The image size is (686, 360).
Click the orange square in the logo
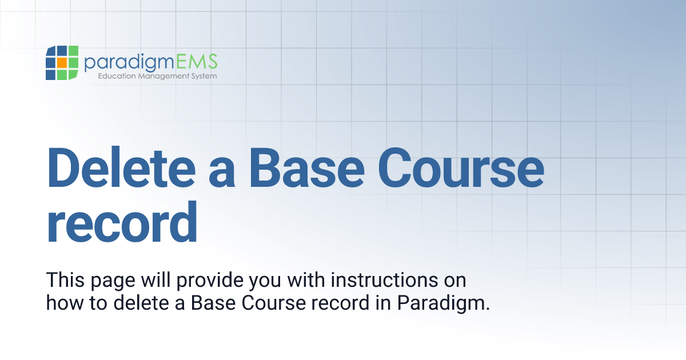coord(62,62)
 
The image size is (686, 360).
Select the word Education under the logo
coord(115,76)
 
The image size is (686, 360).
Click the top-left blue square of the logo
coord(50,51)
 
